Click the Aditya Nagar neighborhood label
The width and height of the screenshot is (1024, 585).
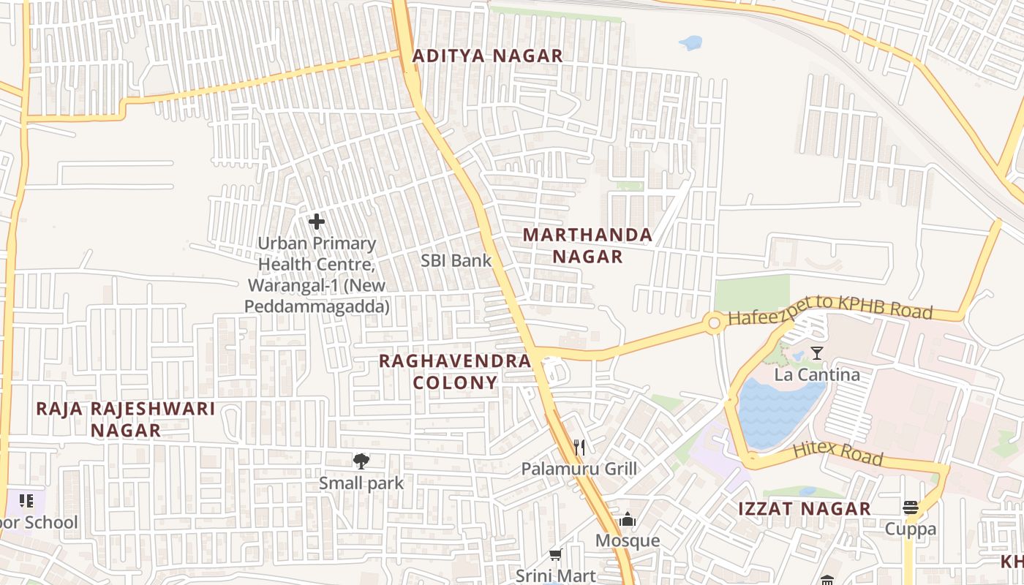pos(487,56)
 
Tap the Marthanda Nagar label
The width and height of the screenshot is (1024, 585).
pos(587,246)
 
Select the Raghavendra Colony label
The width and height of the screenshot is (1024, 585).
pos(455,371)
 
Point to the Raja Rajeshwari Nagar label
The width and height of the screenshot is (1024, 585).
pos(126,419)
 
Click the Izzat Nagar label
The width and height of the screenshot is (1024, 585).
pos(803,509)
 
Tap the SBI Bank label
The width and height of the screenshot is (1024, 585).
pos(456,260)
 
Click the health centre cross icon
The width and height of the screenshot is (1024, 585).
pos(317,221)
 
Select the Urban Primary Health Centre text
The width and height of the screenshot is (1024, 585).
pos(317,275)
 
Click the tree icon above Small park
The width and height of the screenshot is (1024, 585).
pos(361,461)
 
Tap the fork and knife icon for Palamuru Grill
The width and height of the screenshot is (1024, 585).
pos(579,447)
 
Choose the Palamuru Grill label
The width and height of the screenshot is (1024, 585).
pos(579,469)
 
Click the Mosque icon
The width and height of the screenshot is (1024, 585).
pos(628,520)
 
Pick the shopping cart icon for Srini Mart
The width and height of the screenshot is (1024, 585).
pos(556,555)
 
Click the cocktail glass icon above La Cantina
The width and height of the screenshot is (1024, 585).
pos(817,354)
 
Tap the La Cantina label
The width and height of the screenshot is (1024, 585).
pos(817,375)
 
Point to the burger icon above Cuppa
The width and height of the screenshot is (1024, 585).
pos(911,507)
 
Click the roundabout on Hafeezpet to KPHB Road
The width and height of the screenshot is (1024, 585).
pos(714,322)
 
